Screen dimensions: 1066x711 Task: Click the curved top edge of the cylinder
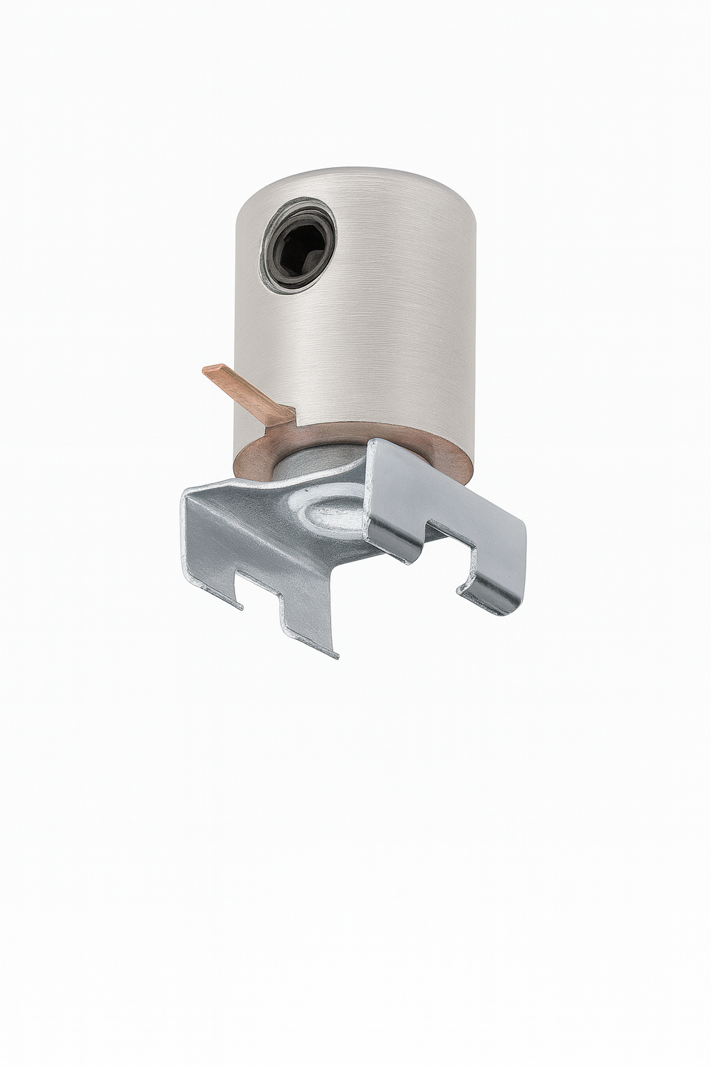point(354,171)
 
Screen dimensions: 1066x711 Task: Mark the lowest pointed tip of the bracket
point(335,655)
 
